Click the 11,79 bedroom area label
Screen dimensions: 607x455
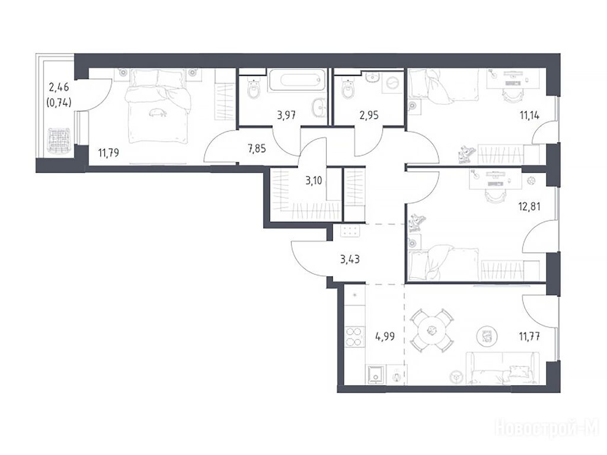[x=108, y=153]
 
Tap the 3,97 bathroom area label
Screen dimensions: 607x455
[x=286, y=115]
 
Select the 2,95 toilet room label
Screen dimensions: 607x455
[x=369, y=115]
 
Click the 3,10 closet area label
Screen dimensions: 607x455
[x=314, y=180]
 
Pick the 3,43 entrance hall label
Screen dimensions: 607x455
[x=350, y=259]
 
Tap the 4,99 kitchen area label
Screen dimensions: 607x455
[x=385, y=337]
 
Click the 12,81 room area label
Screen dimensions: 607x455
[x=529, y=206]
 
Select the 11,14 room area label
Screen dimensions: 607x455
[x=529, y=115]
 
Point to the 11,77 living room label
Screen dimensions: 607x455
[x=529, y=337]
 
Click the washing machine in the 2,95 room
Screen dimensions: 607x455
[x=392, y=83]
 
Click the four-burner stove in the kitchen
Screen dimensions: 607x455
[x=355, y=337]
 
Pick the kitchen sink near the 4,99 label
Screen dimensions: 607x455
[x=375, y=375]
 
